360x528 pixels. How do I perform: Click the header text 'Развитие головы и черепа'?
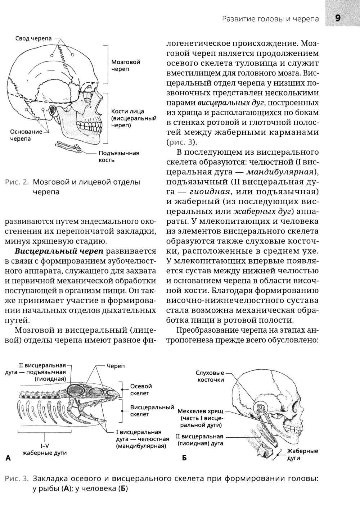coord(270,19)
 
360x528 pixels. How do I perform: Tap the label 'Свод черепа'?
coord(33,38)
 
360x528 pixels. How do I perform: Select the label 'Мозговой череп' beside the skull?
coord(126,65)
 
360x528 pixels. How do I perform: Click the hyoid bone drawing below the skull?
coord(69,146)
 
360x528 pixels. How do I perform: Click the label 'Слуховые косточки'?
coord(210,376)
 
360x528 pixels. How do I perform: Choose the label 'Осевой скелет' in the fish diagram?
coord(141,390)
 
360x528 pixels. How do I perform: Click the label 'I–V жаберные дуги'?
coord(44,449)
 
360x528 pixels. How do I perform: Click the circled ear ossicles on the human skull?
coord(261,408)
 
